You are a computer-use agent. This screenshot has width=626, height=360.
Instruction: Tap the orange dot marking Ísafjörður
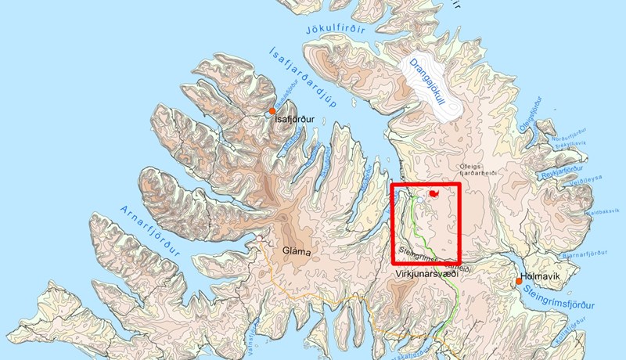[x=272, y=111]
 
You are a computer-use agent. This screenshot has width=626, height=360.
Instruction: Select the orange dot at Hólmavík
[x=518, y=281]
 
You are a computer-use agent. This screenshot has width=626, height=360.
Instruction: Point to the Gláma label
[x=297, y=252]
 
